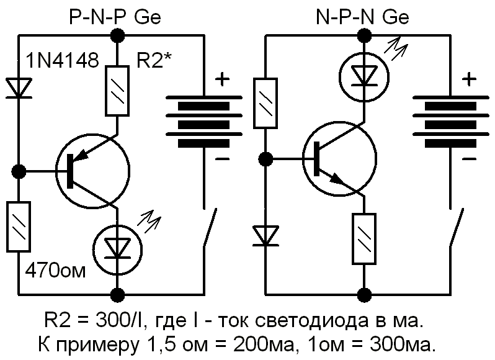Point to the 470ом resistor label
point(54,271)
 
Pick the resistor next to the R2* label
point(116,92)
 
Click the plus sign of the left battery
point(221,79)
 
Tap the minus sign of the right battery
point(470,159)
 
